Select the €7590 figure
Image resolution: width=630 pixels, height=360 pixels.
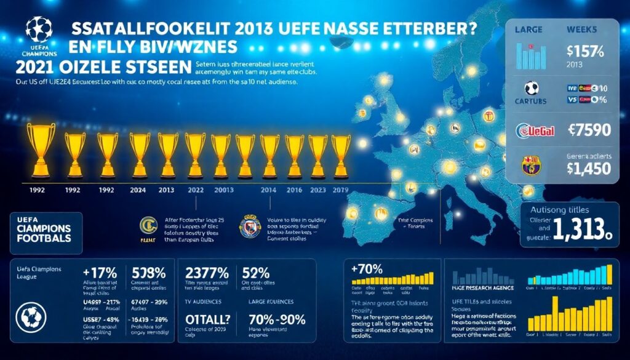[586, 130]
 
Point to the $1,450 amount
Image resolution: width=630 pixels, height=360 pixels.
[586, 168]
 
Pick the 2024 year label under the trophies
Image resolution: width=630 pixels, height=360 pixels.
[138, 191]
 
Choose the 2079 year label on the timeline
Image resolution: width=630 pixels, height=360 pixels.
[340, 191]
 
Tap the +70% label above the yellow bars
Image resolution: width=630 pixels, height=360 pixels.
[366, 269]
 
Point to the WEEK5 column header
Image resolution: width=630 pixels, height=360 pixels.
[583, 28]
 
